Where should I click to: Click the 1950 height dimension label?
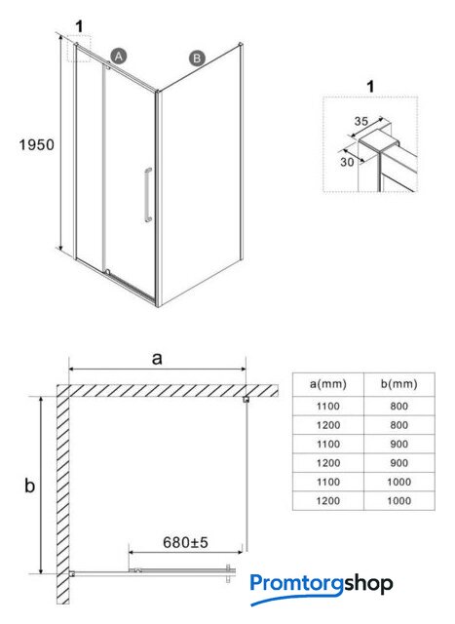[x=37, y=144]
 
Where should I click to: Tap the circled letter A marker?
[x=119, y=57]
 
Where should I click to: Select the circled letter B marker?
[x=197, y=58]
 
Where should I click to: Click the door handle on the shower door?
[x=148, y=195]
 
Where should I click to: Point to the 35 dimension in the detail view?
[x=361, y=121]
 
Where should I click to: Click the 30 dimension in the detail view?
[x=347, y=162]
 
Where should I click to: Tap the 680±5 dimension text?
[x=186, y=542]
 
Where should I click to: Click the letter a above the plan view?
[x=157, y=359]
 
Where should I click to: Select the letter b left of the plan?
[x=30, y=486]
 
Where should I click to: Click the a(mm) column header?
[x=328, y=384]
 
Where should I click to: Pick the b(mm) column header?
[x=398, y=384]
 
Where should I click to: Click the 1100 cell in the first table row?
[x=328, y=407]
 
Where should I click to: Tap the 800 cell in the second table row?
[x=398, y=425]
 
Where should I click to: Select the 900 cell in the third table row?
[x=398, y=445]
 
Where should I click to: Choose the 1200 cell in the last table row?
[x=328, y=500]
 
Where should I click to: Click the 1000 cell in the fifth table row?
[x=398, y=482]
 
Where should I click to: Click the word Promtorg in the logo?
[x=297, y=585]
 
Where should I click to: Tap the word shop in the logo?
[x=368, y=585]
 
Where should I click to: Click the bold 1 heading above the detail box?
[x=370, y=87]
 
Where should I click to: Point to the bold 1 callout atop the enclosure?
[x=80, y=26]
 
